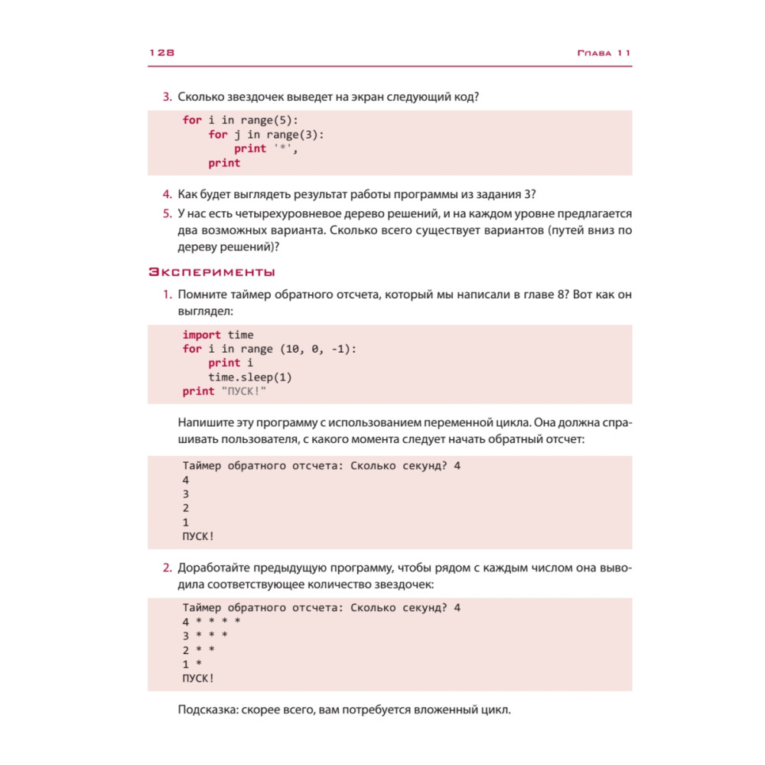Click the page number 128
[x=162, y=53]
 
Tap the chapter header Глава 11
[x=602, y=53]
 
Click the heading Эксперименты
[x=211, y=272]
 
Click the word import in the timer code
[x=201, y=335]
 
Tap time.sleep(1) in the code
[x=250, y=377]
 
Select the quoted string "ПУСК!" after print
[x=247, y=392]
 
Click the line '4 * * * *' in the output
[x=212, y=621]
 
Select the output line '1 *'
[x=192, y=664]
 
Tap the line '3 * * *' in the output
[x=205, y=636]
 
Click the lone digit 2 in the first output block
[x=186, y=508]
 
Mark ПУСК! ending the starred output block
[x=198, y=679]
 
